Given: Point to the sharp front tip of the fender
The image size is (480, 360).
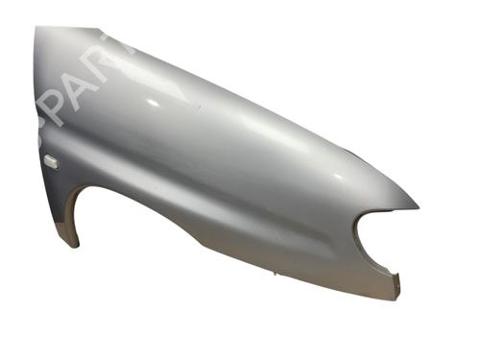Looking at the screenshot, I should [x=418, y=204].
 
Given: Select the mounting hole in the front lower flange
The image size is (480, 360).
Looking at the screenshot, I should [x=395, y=278].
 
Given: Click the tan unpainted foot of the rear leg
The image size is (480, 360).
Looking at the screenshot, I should [x=68, y=235].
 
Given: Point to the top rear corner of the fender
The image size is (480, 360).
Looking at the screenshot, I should [x=38, y=29].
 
